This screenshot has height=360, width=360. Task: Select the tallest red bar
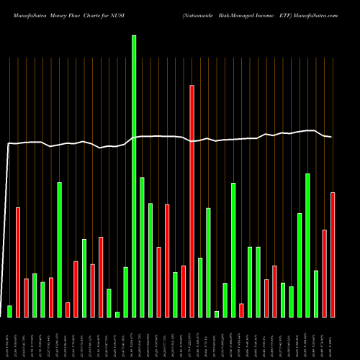click(x=192, y=201)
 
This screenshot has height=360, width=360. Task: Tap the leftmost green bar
click(x=10, y=311)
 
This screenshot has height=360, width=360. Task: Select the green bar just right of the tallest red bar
click(x=200, y=287)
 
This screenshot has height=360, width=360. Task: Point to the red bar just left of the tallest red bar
click(x=184, y=291)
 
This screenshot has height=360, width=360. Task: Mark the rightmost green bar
click(x=316, y=293)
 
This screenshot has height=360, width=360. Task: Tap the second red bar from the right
click(x=325, y=273)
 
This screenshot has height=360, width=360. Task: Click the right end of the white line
click(x=331, y=137)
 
